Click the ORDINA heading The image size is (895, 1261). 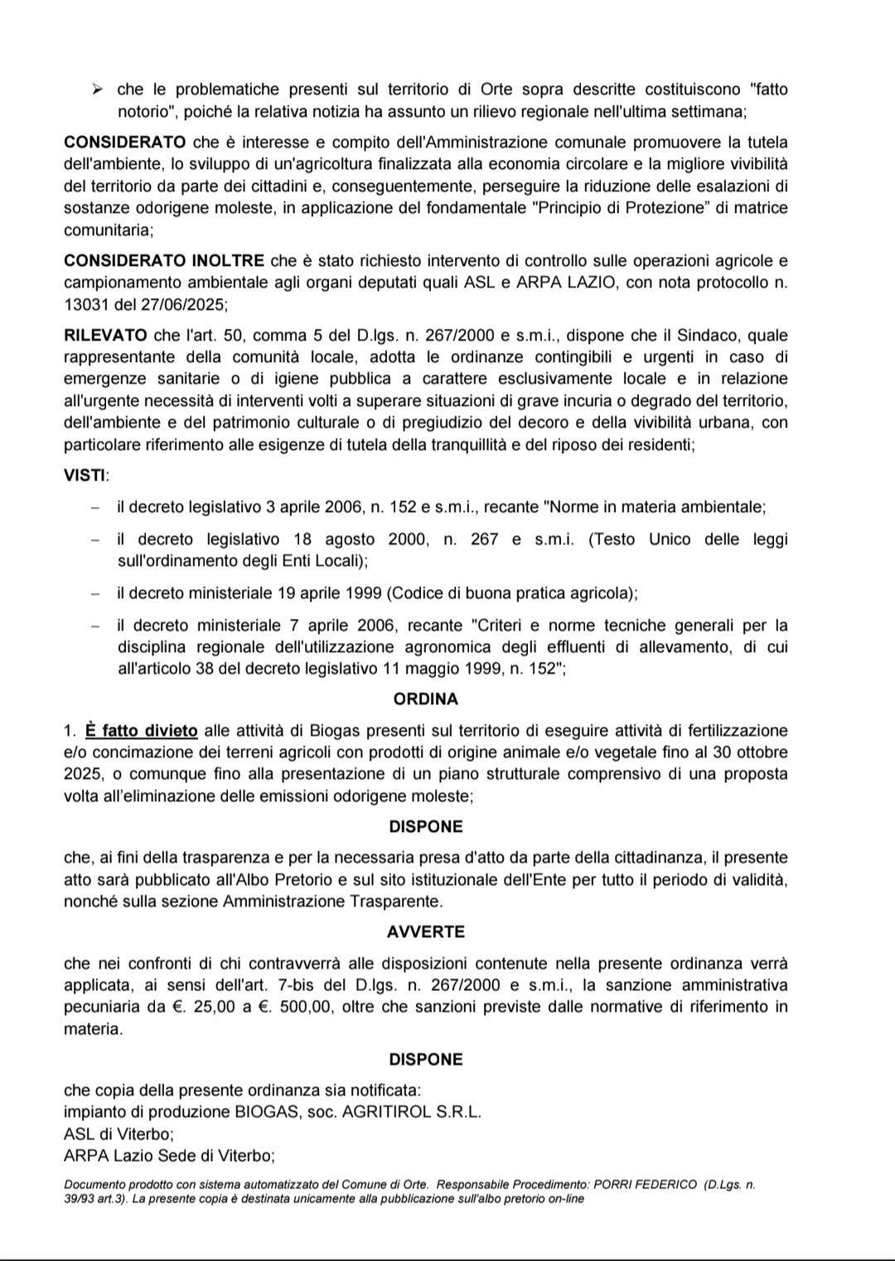pos(425,699)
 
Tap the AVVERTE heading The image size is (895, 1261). pos(425,932)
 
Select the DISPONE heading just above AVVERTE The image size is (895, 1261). pos(425,827)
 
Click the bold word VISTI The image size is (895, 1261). pos(85,476)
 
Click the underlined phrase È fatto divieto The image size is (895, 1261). pos(141,731)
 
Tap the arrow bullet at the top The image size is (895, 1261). pos(96,89)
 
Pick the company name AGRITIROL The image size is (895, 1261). pos(386,1112)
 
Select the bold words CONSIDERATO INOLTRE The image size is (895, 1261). pos(164,261)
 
